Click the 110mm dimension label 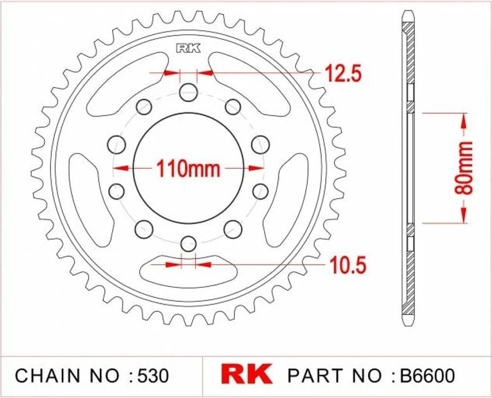tap(188, 169)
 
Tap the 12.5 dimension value tap(343, 74)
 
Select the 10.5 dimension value tap(348, 264)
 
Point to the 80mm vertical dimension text tap(464, 168)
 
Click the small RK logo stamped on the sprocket tap(188, 48)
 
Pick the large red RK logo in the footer tap(246, 374)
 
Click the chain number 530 tap(153, 375)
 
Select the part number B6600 tap(427, 375)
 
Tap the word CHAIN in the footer tap(47, 375)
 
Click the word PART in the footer tap(315, 375)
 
